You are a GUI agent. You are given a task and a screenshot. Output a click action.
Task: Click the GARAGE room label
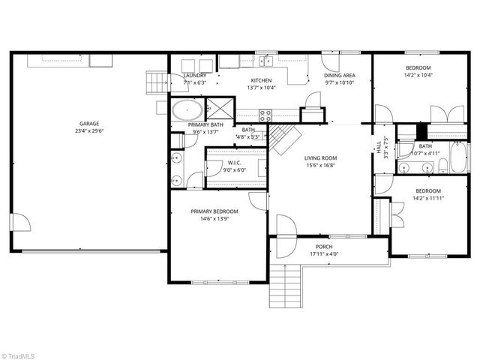pyautogui.click(x=90, y=124)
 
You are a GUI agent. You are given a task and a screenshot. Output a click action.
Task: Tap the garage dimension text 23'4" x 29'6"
pyautogui.click(x=90, y=131)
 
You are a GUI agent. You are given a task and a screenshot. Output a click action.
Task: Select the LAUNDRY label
pyautogui.click(x=195, y=75)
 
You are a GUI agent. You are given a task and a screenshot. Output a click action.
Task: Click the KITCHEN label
pyautogui.click(x=261, y=80)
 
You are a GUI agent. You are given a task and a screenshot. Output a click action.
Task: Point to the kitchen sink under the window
pyautogui.click(x=265, y=59)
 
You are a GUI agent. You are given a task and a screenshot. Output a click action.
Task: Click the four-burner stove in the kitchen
pyautogui.click(x=265, y=115)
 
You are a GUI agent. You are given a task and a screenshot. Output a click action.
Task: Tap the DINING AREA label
pyautogui.click(x=339, y=75)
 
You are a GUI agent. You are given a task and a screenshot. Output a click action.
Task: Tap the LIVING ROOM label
pyautogui.click(x=320, y=157)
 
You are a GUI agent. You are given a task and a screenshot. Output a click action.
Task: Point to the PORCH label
pyautogui.click(x=324, y=247)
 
